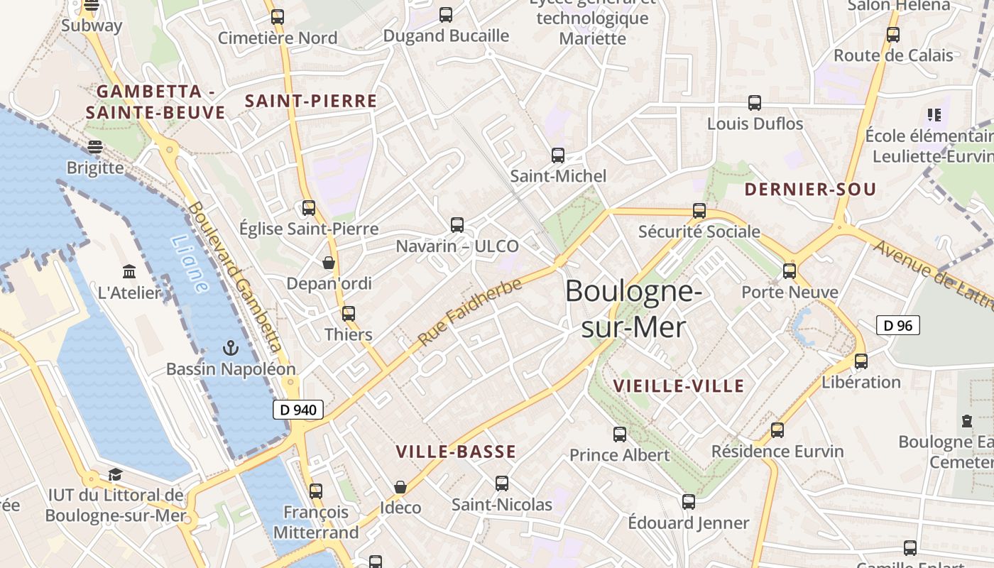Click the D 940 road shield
coord(298,410)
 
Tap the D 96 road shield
coord(898,325)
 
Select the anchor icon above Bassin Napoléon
coord(230,348)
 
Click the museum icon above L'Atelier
coord(129,271)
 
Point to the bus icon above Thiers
coord(348,313)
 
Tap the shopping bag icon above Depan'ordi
coord(329,263)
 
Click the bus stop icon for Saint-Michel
coord(558,155)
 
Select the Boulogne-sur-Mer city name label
coord(633,309)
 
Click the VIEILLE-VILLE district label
coord(678,386)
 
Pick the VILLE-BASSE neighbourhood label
coord(456,452)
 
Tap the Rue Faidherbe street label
coord(470,312)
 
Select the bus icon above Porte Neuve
coord(790,271)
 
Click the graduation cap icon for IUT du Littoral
coord(115,474)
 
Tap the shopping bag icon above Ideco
coord(400,487)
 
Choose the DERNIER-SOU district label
coord(810,190)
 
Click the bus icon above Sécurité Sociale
coord(699,210)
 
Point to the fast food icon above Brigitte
coord(95,146)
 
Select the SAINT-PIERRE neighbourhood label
coord(311,101)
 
